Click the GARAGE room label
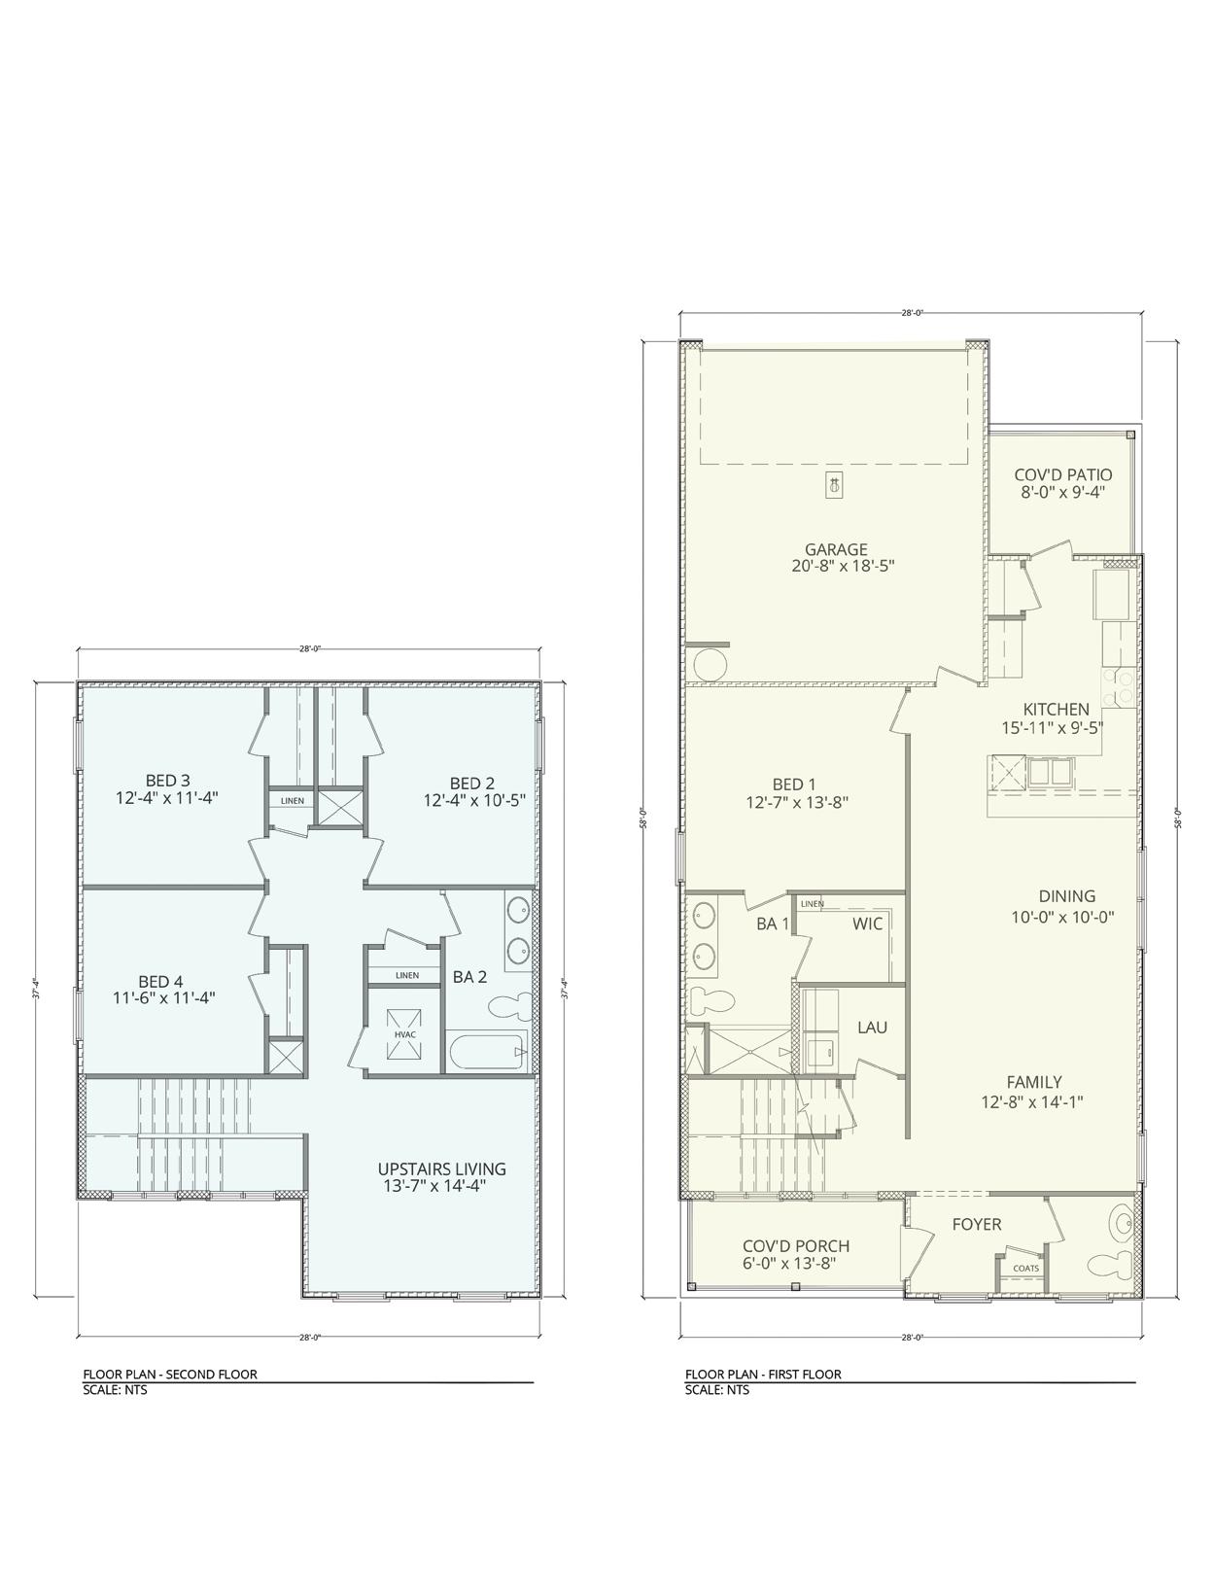(836, 550)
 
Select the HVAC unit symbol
(404, 1034)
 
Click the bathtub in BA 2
(488, 1051)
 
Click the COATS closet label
(1025, 1268)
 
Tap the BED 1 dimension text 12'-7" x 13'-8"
(797, 801)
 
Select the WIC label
(867, 924)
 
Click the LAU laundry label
(872, 1027)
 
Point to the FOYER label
(976, 1224)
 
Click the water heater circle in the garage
(709, 664)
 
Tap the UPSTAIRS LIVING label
(441, 1168)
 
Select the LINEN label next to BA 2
(407, 975)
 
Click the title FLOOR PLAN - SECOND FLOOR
(169, 1374)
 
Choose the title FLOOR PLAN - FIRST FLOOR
(763, 1374)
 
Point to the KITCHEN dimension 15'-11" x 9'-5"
(1052, 727)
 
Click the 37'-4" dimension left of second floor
(35, 989)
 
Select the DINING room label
(1066, 896)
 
